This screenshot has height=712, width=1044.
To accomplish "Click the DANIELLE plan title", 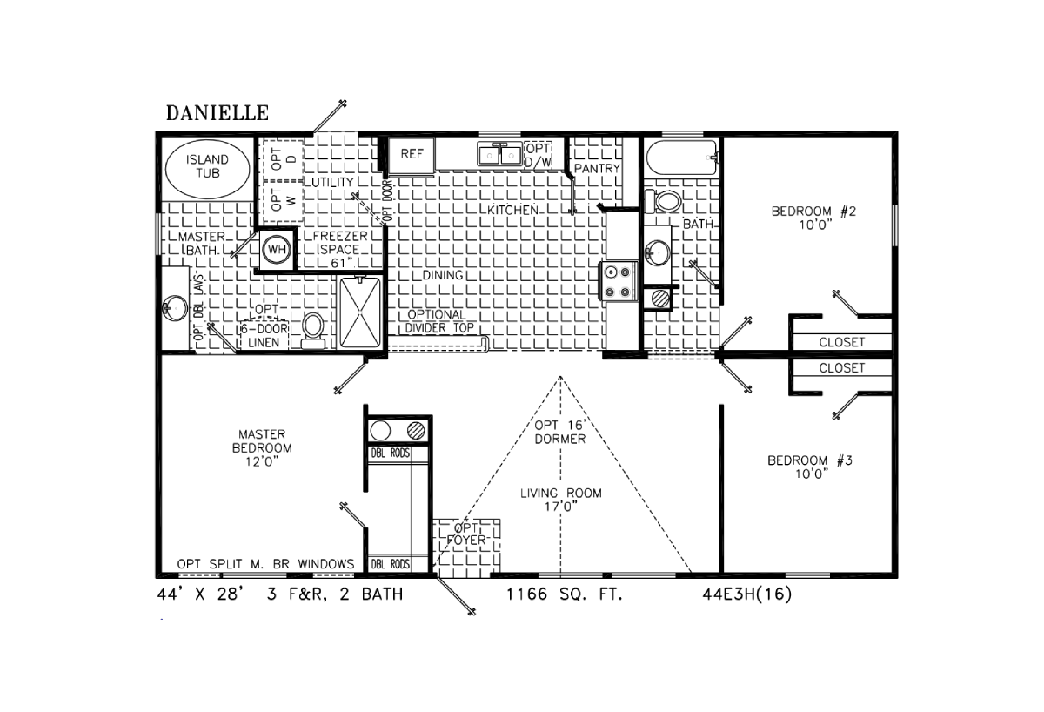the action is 217,113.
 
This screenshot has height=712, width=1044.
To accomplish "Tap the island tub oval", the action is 208,169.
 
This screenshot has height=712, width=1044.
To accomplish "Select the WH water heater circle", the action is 277,250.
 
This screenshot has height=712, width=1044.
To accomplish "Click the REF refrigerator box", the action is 412,154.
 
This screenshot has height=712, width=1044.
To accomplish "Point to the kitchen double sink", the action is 499,154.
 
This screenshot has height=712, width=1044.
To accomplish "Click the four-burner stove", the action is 618,281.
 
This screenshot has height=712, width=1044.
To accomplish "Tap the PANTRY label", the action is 597,168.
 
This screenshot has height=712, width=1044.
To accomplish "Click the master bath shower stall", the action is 360,312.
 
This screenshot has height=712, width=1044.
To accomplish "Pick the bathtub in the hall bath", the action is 681,158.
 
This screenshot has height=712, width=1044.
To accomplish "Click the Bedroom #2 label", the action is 813,218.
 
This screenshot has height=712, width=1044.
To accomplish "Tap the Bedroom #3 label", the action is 810,467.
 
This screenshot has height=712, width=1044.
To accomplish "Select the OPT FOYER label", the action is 466,534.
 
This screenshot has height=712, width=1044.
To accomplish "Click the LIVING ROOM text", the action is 561,500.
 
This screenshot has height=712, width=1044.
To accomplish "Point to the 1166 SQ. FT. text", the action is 565,594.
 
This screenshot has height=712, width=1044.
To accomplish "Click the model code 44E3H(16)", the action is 747,594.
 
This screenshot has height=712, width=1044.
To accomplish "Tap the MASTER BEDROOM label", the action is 262,448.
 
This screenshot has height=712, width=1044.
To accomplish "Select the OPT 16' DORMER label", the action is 559,432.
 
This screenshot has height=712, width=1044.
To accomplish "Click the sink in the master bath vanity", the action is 175,308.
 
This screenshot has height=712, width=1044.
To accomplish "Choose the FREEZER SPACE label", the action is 340,250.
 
